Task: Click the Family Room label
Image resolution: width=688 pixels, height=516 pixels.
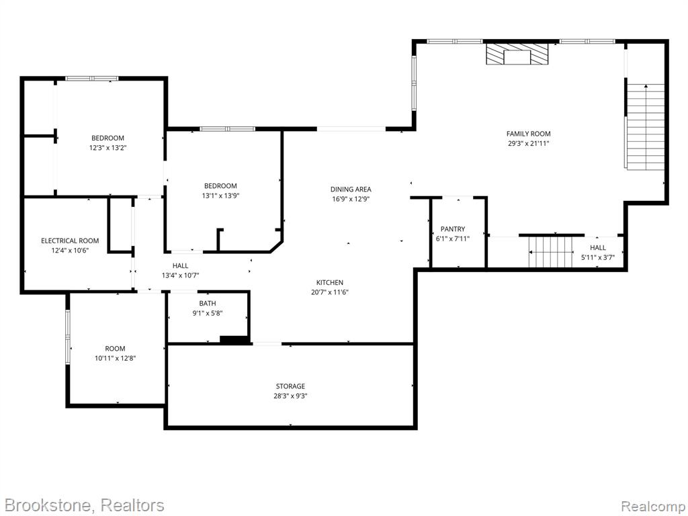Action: [528, 134]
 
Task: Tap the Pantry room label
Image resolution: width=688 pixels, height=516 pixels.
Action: [453, 229]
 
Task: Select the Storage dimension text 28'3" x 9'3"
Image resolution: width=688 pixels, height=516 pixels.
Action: [290, 396]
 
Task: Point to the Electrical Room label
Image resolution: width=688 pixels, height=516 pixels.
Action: [70, 241]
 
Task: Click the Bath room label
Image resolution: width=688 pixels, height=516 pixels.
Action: [208, 303]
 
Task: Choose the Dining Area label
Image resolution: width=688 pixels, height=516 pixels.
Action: [351, 189]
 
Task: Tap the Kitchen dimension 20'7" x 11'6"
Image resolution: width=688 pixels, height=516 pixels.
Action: [329, 292]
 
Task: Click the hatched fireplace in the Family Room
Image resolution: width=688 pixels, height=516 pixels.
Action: [517, 54]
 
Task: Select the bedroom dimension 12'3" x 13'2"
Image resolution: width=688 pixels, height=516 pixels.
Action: [108, 148]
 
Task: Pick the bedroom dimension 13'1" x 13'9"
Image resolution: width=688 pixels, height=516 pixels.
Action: [220, 196]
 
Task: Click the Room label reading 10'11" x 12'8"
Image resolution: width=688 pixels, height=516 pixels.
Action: [115, 358]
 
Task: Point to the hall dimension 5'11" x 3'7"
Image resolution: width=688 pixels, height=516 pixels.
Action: [597, 257]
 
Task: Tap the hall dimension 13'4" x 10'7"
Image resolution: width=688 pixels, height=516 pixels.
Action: [180, 275]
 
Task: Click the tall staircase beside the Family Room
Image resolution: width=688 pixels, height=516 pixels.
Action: [646, 126]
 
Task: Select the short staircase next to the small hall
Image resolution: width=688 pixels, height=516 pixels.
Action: [551, 251]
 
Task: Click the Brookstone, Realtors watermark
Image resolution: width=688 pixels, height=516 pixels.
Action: [84, 505]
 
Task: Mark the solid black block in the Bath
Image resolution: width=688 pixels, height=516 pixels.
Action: [234, 339]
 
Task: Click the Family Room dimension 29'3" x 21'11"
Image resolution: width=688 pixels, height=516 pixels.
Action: [528, 144]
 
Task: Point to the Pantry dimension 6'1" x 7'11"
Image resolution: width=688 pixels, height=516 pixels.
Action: [453, 239]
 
